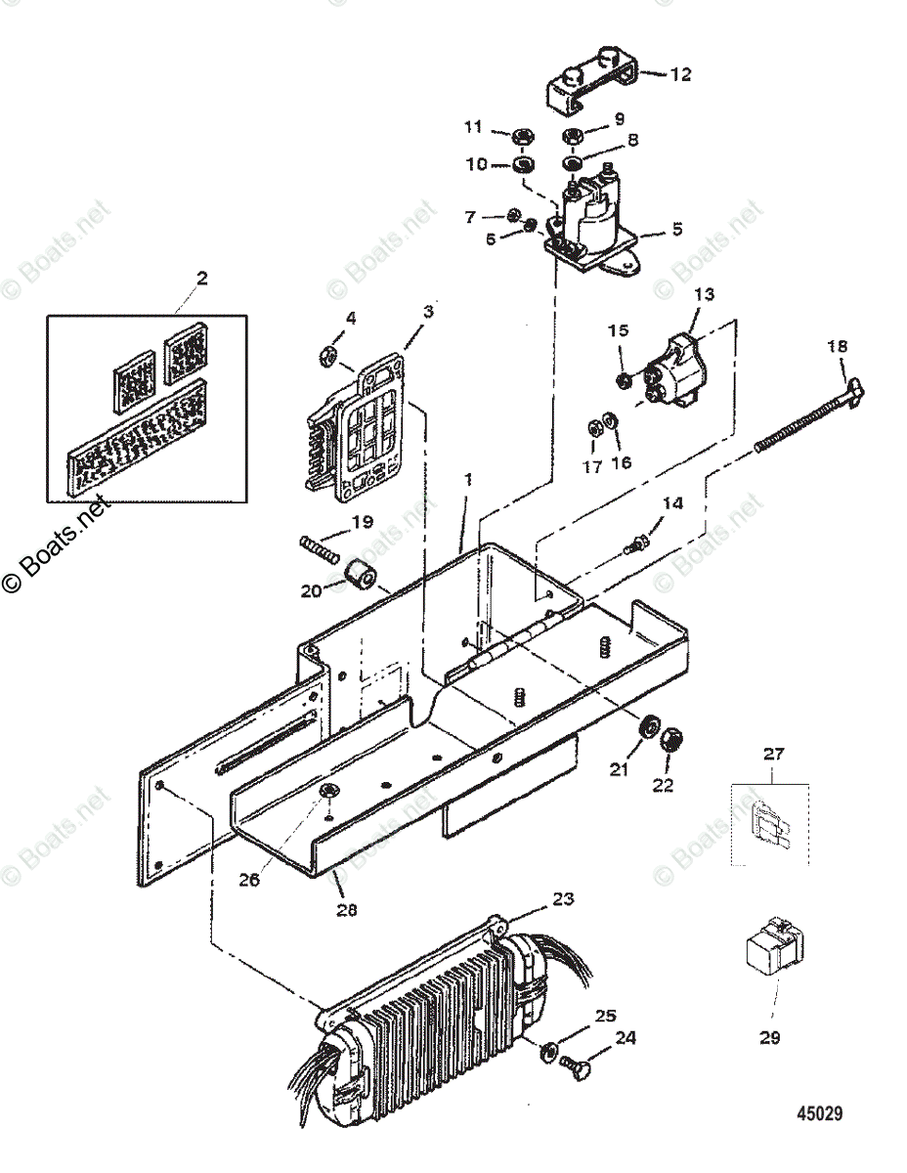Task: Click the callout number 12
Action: (x=680, y=73)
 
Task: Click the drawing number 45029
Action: (x=819, y=1113)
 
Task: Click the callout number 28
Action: (x=346, y=909)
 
